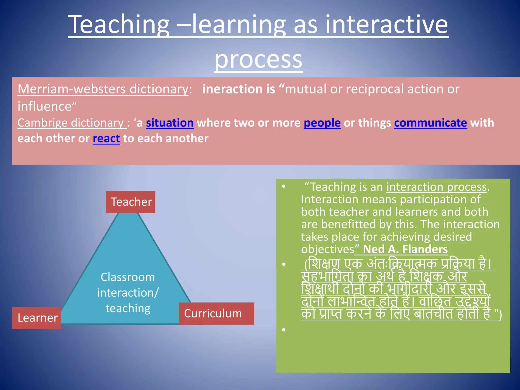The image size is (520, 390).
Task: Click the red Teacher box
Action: [130, 202]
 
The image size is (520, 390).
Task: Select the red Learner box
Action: [37, 318]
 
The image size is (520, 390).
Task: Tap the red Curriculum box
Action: [216, 314]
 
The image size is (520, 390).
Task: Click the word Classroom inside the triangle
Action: [128, 277]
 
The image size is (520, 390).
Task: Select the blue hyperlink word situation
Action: [170, 123]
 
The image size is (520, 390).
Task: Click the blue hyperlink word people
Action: [322, 123]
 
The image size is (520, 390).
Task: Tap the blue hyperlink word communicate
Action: [430, 123]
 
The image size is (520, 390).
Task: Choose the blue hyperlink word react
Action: [106, 139]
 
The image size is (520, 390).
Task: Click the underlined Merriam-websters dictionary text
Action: [103, 89]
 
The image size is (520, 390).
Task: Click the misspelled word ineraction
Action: [232, 89]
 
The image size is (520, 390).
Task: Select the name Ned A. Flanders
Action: [405, 249]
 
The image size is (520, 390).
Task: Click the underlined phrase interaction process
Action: [436, 187]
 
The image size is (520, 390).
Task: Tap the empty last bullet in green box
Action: [284, 330]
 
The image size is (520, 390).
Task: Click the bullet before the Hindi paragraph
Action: [284, 265]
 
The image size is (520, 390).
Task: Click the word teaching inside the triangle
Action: [128, 308]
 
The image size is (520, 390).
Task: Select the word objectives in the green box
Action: [328, 249]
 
